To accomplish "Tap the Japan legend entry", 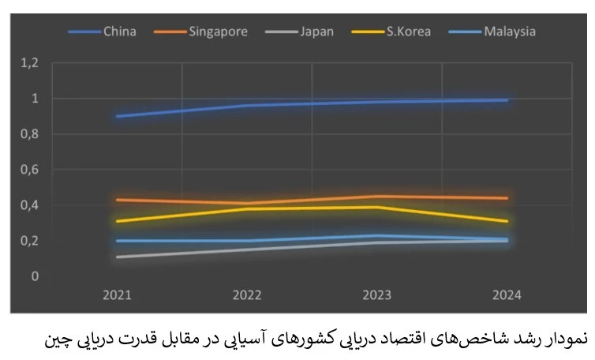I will click(x=316, y=32).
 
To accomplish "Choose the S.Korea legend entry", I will click(x=407, y=32).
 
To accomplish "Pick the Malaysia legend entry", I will click(x=510, y=32).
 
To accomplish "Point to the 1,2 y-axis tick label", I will click(x=30, y=63).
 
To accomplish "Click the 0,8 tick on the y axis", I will click(x=30, y=134).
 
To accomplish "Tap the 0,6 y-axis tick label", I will click(x=30, y=170).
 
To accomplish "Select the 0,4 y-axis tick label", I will click(x=30, y=205).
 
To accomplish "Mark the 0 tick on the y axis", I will click(x=35, y=276).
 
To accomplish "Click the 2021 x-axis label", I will click(x=117, y=294).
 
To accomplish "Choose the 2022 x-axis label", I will click(x=247, y=294).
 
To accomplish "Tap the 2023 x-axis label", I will click(x=377, y=294).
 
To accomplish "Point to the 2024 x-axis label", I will click(x=507, y=294).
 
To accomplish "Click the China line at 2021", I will click(x=117, y=116).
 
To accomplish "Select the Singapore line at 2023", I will click(x=377, y=196).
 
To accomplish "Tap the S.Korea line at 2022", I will click(x=247, y=208).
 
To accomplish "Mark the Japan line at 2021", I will click(x=117, y=257).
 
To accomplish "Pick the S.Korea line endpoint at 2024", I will click(x=507, y=221).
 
